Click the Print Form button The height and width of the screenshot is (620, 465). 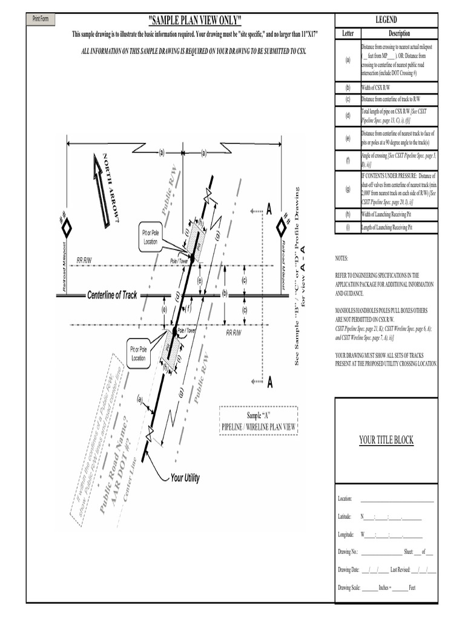click(x=41, y=19)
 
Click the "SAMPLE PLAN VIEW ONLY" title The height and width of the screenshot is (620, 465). click(x=194, y=20)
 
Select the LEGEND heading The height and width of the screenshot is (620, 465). click(x=386, y=20)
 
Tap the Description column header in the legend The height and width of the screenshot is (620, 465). click(x=399, y=34)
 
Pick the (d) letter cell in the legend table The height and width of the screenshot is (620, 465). click(x=348, y=115)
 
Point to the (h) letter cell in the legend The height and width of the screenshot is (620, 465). click(x=348, y=214)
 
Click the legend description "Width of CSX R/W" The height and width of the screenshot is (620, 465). click(x=376, y=88)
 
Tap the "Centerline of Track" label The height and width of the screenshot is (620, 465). click(x=113, y=295)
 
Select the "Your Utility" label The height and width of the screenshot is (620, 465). click(x=185, y=478)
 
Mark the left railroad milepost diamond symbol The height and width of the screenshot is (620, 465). click(x=66, y=228)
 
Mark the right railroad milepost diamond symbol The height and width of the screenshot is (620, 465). click(x=281, y=228)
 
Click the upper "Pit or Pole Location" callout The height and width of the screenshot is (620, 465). click(x=151, y=237)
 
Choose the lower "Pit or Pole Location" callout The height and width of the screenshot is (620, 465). click(x=139, y=354)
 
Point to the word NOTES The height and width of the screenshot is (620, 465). click(x=342, y=259)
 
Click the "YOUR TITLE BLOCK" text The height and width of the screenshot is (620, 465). click(x=386, y=440)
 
